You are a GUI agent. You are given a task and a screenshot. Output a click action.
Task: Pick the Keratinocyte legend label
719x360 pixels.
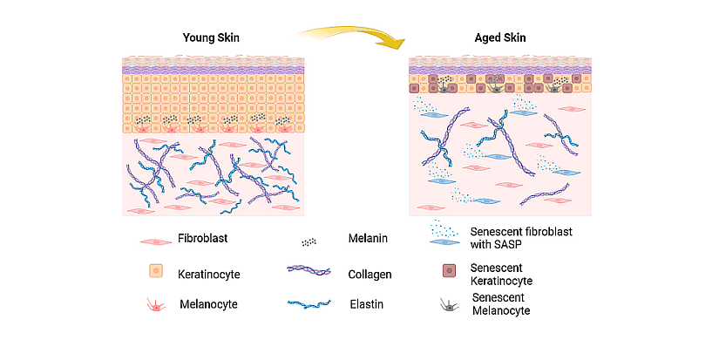tap(209, 274)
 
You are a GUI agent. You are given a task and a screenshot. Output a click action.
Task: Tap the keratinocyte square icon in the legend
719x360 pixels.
tap(156, 271)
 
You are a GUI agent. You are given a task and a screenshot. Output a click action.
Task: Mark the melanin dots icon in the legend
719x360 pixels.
tap(309, 241)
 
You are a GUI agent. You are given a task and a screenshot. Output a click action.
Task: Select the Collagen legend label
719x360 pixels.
tap(370, 274)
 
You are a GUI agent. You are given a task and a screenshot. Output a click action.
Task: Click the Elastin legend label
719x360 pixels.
tap(366, 304)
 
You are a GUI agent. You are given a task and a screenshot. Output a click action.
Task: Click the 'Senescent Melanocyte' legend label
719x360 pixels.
tap(500, 304)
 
